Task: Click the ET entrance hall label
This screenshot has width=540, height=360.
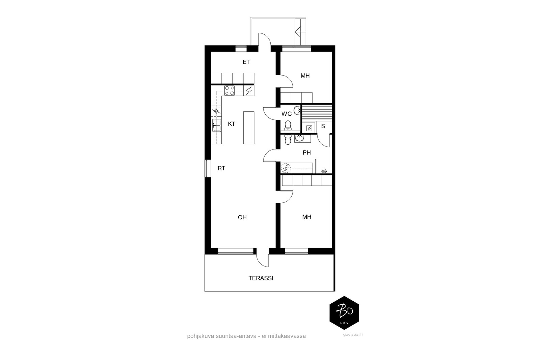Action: [x=246, y=62]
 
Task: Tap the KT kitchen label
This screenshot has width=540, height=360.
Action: [x=232, y=124]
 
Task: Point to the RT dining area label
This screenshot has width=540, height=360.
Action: [x=221, y=168]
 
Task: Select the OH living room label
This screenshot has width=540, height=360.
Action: [x=242, y=217]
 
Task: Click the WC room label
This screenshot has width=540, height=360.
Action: [x=287, y=114]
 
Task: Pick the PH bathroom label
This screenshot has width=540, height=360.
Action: [x=307, y=153]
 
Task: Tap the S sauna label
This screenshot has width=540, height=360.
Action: [x=323, y=126]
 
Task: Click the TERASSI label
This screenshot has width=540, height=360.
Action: [x=261, y=278]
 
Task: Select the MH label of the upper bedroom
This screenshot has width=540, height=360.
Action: [x=305, y=76]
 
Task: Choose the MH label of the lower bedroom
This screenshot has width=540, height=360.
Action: [x=307, y=217]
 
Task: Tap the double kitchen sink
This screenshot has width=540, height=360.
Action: [x=217, y=125]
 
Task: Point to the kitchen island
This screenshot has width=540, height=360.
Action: [x=249, y=128]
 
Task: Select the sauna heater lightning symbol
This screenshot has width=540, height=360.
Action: [x=309, y=128]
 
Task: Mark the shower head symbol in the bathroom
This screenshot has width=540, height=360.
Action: [x=324, y=171]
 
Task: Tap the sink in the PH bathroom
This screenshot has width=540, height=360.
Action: [x=299, y=139]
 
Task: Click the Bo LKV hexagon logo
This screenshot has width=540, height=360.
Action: [x=344, y=313]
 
